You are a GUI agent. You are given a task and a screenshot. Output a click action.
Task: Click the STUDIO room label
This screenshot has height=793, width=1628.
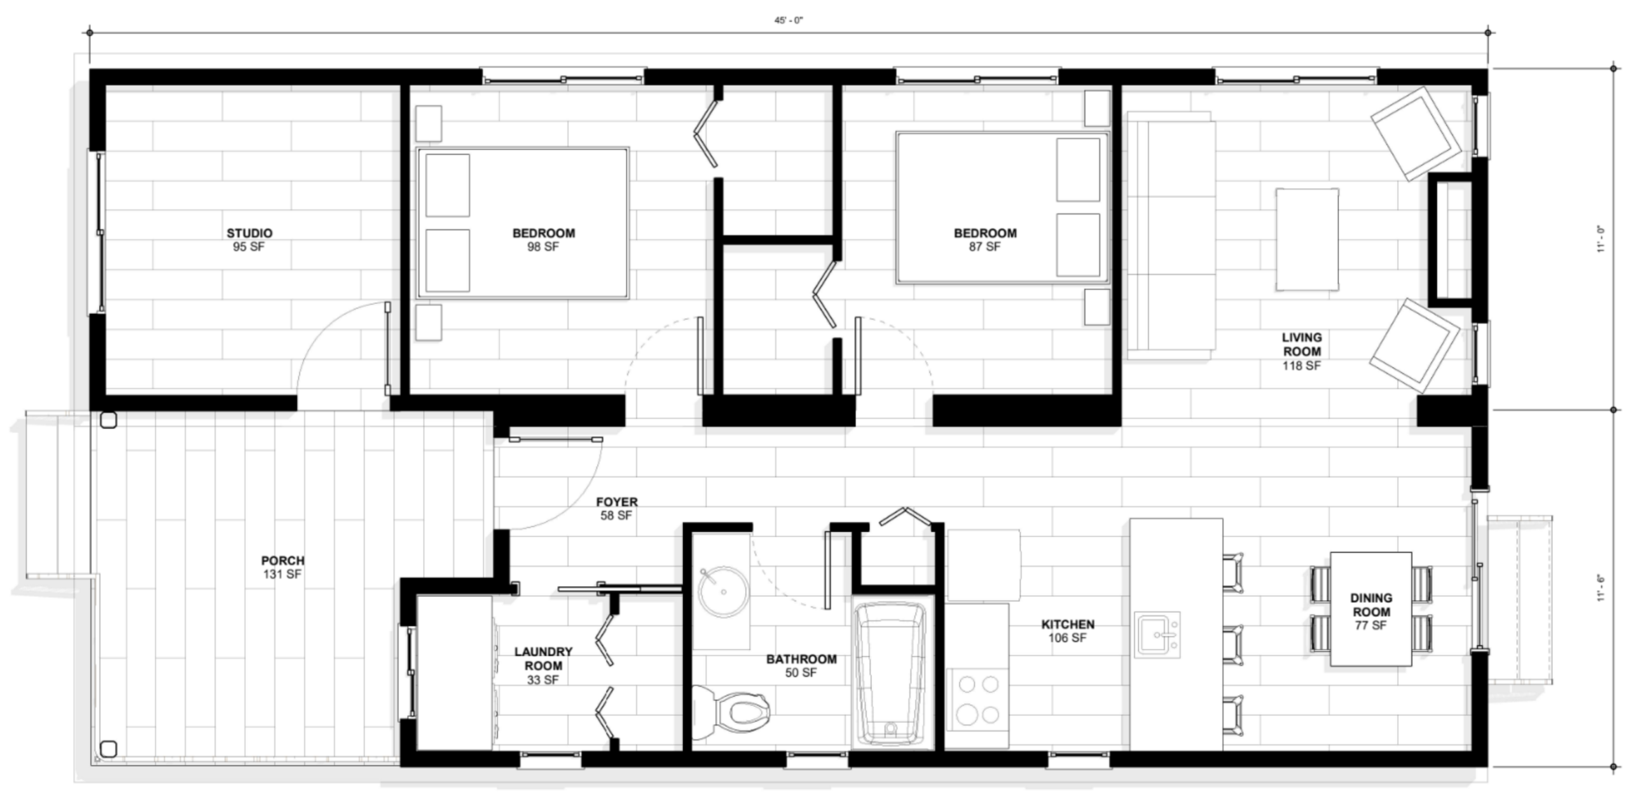coord(249,233)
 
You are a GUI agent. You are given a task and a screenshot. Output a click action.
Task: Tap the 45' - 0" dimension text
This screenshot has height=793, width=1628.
coord(788,20)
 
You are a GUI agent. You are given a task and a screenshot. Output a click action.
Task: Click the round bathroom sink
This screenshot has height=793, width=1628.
coord(723,591)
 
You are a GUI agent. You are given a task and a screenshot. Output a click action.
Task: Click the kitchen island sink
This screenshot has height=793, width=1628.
coord(1158,635)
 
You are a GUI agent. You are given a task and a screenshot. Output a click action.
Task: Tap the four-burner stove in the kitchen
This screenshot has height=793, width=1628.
coord(978,700)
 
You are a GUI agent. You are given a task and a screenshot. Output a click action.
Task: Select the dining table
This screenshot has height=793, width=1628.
coord(1371,609)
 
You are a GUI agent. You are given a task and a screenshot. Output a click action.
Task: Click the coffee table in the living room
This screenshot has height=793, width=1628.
coord(1307,239)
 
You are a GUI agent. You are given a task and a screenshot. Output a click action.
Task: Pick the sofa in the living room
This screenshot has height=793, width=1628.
coord(1171,235)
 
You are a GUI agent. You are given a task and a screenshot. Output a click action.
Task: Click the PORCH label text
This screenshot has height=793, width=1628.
coord(283,560)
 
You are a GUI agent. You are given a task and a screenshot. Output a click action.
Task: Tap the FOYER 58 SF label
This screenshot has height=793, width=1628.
coord(617,509)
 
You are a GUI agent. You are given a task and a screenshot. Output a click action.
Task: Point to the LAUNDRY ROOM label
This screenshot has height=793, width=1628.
coord(543,658)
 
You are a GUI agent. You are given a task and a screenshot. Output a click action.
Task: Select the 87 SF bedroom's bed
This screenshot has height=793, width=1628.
coord(1002,207)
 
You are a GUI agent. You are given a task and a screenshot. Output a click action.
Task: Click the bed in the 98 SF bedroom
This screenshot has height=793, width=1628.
coord(523,223)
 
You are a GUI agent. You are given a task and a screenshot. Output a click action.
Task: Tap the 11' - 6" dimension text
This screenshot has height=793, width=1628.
coord(1601,588)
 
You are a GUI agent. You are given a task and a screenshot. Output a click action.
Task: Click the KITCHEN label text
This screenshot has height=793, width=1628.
coord(1068,624)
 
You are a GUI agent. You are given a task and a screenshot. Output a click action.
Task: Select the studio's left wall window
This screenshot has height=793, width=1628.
coord(99,233)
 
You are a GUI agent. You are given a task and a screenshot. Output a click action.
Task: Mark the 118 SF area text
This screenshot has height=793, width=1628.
coord(1302,366)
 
